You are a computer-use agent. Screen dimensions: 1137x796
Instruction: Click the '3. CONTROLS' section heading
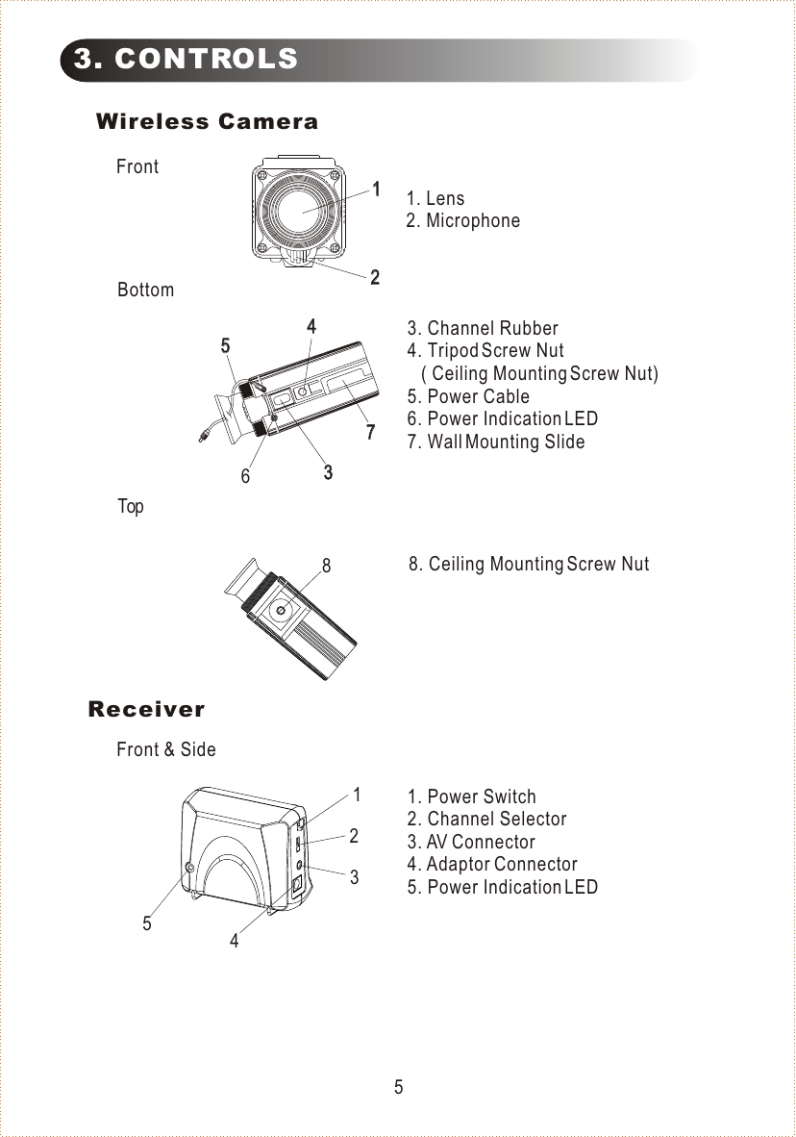coord(187,60)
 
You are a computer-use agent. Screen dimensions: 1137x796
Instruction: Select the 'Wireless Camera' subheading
coord(207,122)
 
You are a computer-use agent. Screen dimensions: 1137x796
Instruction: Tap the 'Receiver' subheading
coord(146,710)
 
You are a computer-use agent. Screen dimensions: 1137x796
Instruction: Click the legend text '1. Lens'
coord(435,199)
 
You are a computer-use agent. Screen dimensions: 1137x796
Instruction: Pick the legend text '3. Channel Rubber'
coord(483,329)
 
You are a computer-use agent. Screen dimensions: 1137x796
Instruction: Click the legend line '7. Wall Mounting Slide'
coord(495,442)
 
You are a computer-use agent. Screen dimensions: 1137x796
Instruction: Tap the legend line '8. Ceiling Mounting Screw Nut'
coord(529,564)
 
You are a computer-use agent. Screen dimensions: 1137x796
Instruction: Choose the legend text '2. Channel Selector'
coord(486,820)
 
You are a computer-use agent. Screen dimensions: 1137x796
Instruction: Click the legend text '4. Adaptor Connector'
coord(492,865)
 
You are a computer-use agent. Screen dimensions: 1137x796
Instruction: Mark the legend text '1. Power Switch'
coord(471,797)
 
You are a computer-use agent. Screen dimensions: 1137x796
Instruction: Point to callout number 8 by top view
coord(327,567)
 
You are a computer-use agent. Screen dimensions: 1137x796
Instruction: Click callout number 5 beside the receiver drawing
coord(147,923)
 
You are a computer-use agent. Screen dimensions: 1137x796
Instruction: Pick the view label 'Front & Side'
coord(166,749)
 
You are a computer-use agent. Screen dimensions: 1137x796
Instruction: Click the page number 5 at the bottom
coord(398,1088)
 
